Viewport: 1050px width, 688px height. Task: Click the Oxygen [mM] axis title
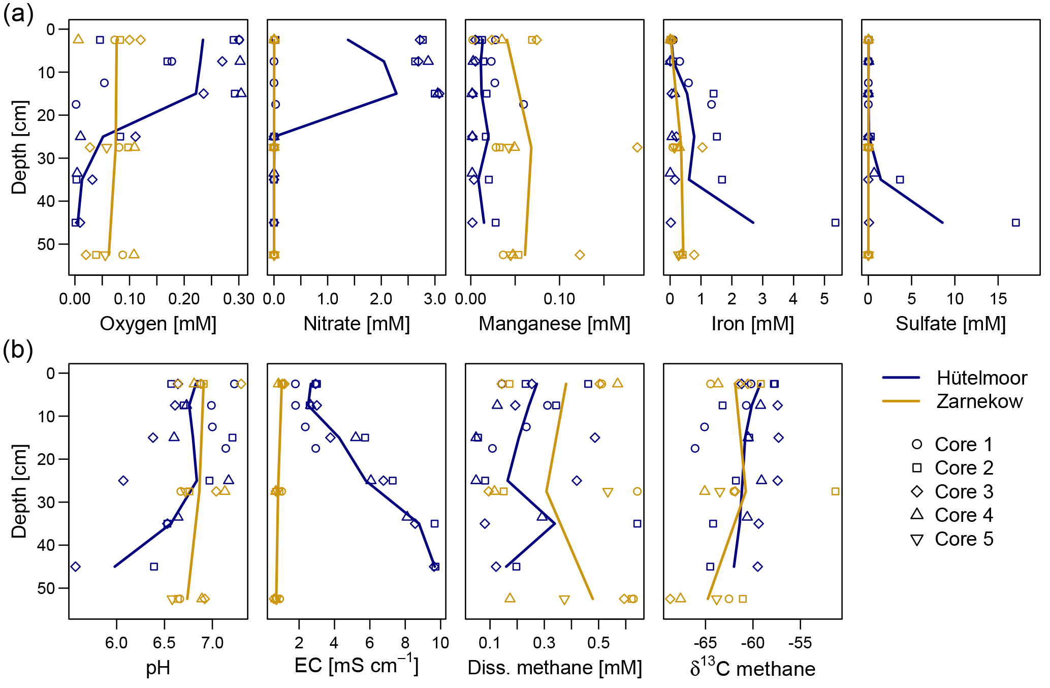(x=158, y=324)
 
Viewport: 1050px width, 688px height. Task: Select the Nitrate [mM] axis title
(x=356, y=324)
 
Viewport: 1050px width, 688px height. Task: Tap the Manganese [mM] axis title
(x=554, y=324)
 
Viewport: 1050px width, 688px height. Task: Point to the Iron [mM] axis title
(x=752, y=324)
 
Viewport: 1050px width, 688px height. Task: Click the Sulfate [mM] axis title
(x=950, y=324)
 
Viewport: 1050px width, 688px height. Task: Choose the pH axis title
(x=158, y=668)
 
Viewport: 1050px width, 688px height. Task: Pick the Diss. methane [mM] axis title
(x=554, y=668)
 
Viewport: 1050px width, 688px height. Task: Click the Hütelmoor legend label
(x=981, y=378)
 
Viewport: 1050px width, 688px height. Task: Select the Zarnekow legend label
(x=979, y=401)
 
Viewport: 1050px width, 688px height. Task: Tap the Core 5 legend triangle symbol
(x=917, y=540)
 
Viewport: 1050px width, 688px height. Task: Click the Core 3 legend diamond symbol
(x=917, y=491)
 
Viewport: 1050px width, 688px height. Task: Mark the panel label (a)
(x=18, y=14)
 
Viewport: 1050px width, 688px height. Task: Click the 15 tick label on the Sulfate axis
(x=998, y=299)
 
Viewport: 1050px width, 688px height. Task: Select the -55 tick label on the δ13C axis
(x=800, y=643)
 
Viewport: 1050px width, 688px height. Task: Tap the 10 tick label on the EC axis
(x=440, y=643)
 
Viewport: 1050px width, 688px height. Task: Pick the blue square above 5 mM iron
(x=835, y=223)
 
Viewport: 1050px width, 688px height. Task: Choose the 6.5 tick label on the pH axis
(x=164, y=643)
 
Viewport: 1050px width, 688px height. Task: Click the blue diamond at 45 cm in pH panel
(x=76, y=567)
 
